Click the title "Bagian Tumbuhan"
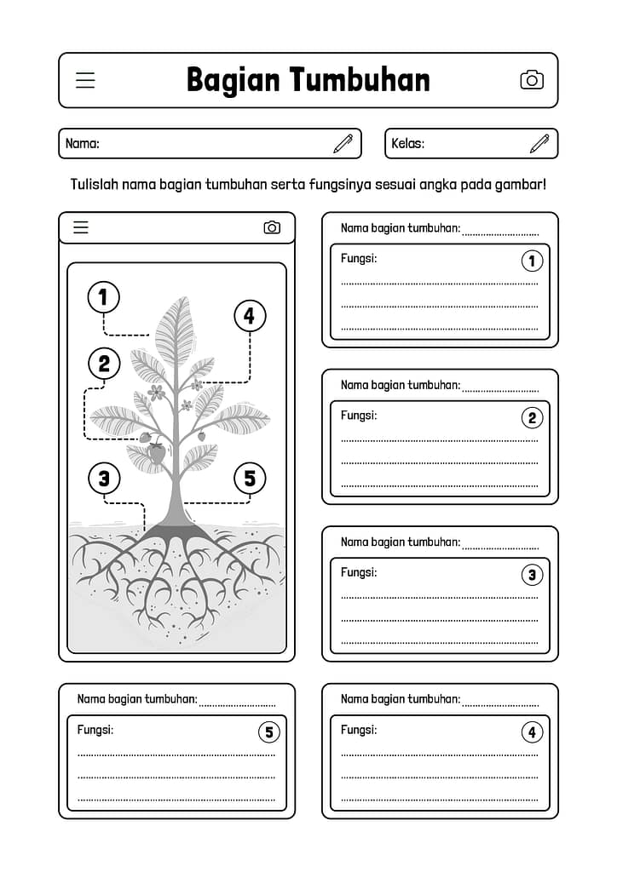click(x=308, y=80)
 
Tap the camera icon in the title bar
click(x=532, y=80)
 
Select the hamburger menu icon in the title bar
click(x=85, y=80)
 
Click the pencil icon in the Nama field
click(x=343, y=143)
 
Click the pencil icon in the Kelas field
click(x=539, y=143)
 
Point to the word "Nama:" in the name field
click(x=83, y=144)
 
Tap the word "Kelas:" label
click(x=407, y=144)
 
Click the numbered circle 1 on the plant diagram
click(x=104, y=298)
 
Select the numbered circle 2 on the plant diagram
click(x=104, y=364)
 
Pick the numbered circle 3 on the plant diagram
click(x=104, y=478)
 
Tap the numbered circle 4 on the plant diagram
click(x=250, y=317)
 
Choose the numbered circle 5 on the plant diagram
click(x=250, y=478)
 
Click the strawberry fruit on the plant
click(x=157, y=453)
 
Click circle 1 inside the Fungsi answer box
click(x=532, y=261)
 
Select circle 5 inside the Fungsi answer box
click(x=268, y=732)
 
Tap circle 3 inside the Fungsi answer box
click(x=532, y=575)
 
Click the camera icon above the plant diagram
click(x=272, y=227)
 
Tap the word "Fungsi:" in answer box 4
click(x=359, y=730)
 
